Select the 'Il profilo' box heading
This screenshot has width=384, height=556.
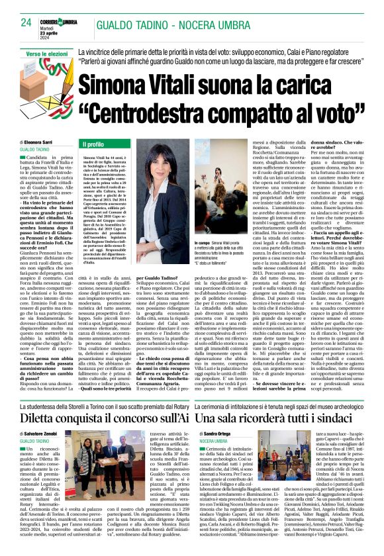tap(93, 144)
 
